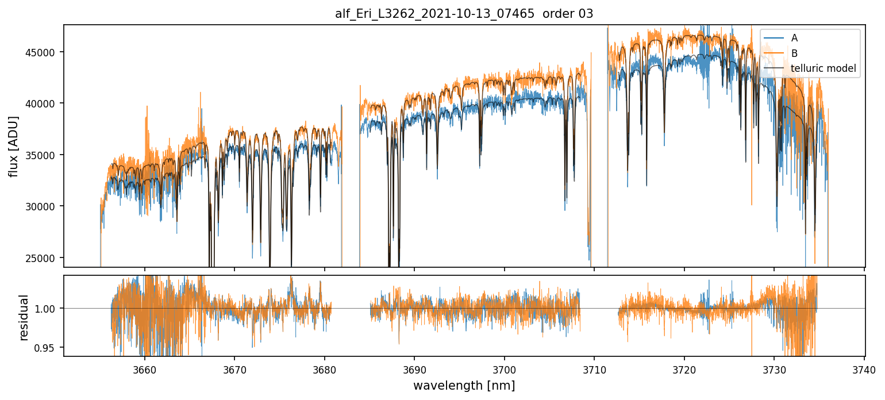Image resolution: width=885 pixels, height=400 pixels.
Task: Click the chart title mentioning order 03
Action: (464, 14)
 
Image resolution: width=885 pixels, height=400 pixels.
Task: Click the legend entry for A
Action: (794, 38)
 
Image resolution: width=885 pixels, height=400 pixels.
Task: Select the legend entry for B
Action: (794, 53)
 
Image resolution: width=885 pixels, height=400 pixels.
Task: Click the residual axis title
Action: (24, 317)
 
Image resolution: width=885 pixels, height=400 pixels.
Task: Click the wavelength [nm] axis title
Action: (464, 386)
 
